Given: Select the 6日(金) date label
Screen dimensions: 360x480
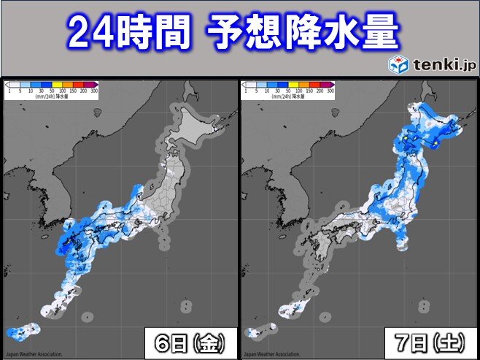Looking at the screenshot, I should tap(190, 342).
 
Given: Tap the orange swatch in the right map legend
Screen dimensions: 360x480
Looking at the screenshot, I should tap(304, 85).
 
